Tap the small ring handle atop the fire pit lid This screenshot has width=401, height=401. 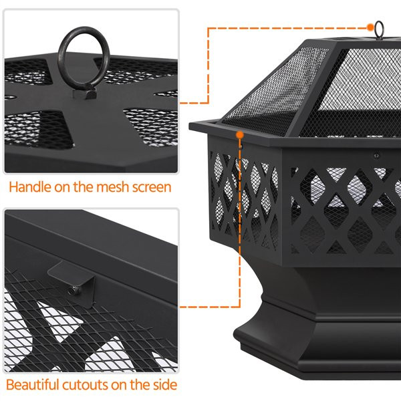point(379,29)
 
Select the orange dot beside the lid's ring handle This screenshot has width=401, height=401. point(370,27)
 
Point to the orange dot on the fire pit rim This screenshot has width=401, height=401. point(238,134)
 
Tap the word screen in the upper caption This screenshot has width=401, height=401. point(150,187)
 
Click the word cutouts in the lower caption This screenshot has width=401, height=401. point(93,385)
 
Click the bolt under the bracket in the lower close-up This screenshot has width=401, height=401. point(72,289)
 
